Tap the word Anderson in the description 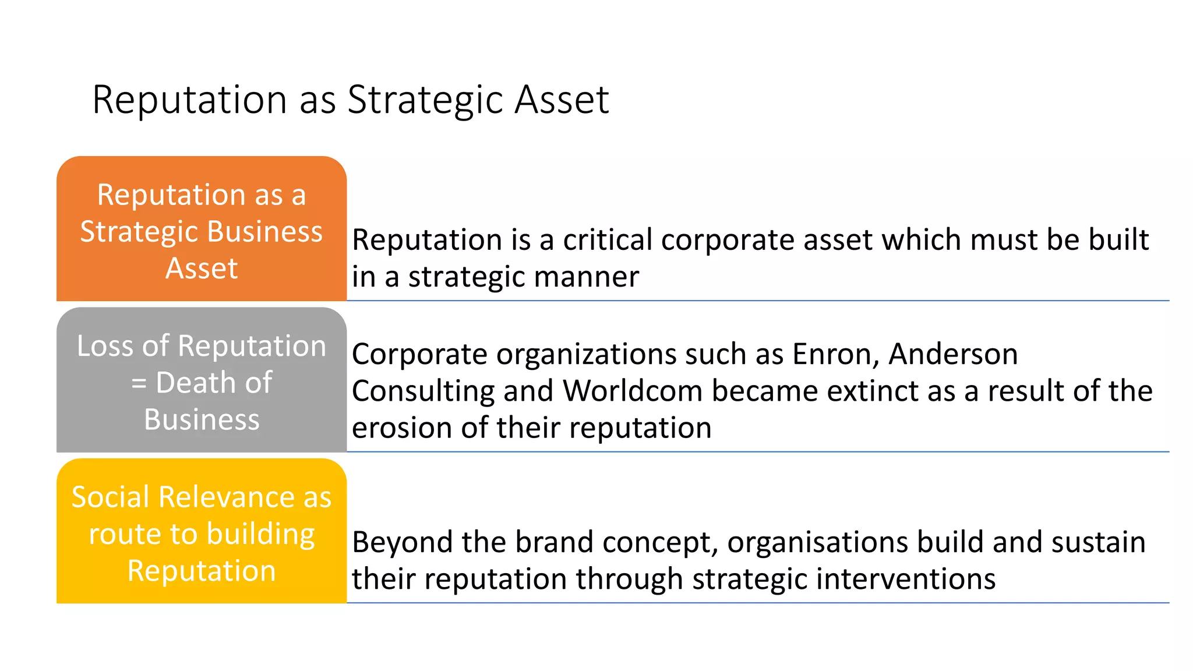(953, 354)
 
